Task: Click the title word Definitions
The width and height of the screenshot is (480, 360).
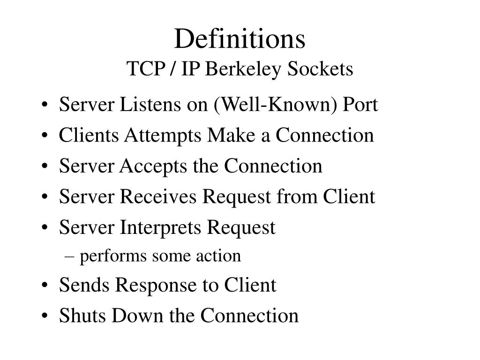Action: pos(240,39)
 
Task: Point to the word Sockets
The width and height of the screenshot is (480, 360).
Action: pos(320,69)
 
